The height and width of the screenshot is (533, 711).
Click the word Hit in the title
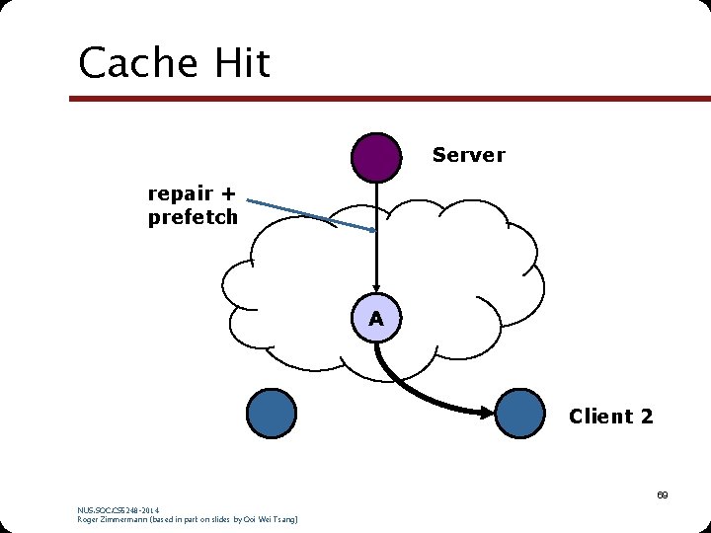[x=238, y=64]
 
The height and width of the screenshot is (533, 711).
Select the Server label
[x=468, y=155]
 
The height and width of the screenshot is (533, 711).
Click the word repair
[x=181, y=193]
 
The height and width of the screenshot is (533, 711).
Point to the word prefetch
[x=193, y=217]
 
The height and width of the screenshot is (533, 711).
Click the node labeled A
[x=376, y=319]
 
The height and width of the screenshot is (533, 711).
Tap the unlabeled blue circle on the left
[x=271, y=414]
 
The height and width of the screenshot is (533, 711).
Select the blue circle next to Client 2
[x=519, y=414]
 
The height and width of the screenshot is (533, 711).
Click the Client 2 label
[x=610, y=417]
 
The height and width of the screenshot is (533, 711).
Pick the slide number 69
[x=663, y=495]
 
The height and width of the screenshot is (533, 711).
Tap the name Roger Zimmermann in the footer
[x=117, y=519]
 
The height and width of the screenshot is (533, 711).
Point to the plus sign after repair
[x=228, y=193]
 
